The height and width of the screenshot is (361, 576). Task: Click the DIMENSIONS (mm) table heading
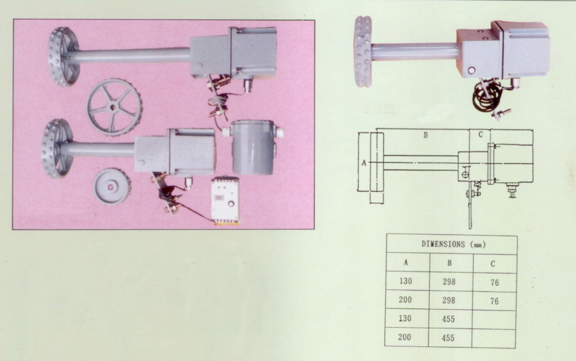(x=451, y=244)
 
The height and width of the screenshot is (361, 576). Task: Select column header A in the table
(x=406, y=262)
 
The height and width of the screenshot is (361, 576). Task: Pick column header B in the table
(x=449, y=262)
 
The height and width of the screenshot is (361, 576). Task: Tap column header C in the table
(x=493, y=262)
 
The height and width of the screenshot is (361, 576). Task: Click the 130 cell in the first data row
(x=406, y=282)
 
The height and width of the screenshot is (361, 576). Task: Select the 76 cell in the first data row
(x=494, y=282)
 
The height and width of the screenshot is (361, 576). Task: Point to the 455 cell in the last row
(x=449, y=338)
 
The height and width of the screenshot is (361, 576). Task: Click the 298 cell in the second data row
(x=449, y=300)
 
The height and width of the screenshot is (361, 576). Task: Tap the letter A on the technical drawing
(x=364, y=163)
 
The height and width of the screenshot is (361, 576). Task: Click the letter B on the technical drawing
(x=424, y=135)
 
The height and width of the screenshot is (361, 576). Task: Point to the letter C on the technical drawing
(x=481, y=134)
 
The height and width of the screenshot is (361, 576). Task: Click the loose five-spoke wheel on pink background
(x=115, y=107)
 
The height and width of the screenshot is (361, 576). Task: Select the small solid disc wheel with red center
(x=112, y=187)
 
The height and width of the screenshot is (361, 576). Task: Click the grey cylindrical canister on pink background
(x=252, y=147)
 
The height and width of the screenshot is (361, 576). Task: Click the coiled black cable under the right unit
(x=487, y=95)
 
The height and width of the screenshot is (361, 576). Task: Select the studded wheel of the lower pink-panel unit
(x=56, y=148)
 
